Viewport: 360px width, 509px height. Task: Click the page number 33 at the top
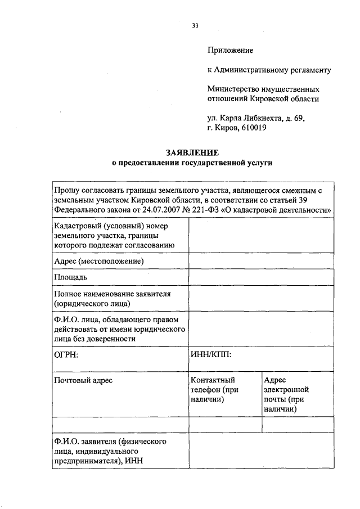click(x=195, y=26)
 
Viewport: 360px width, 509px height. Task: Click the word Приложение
click(x=230, y=51)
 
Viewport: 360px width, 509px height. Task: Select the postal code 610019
click(x=254, y=128)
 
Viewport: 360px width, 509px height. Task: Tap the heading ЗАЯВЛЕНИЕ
click(x=192, y=153)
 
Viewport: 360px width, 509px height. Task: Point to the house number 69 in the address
click(x=298, y=118)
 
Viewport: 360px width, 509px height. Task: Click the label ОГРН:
click(x=66, y=355)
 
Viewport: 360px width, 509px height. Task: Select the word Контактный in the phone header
click(x=213, y=381)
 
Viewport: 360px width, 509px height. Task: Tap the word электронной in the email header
click(x=287, y=390)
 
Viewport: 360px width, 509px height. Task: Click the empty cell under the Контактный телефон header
click(x=225, y=425)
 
